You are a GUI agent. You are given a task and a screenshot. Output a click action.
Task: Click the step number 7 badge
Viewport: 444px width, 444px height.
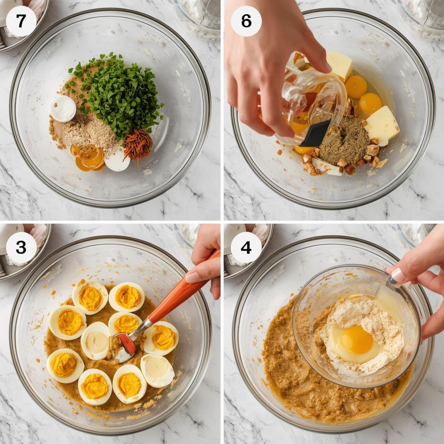point(21,21)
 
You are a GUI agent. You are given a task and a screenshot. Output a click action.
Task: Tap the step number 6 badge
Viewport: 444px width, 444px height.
point(246,21)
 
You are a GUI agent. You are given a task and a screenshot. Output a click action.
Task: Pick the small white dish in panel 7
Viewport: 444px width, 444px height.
point(63,108)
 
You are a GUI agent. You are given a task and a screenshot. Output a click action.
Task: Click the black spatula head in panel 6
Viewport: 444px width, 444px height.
point(316,133)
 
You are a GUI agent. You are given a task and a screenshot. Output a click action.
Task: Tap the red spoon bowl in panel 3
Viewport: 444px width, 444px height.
point(126,343)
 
